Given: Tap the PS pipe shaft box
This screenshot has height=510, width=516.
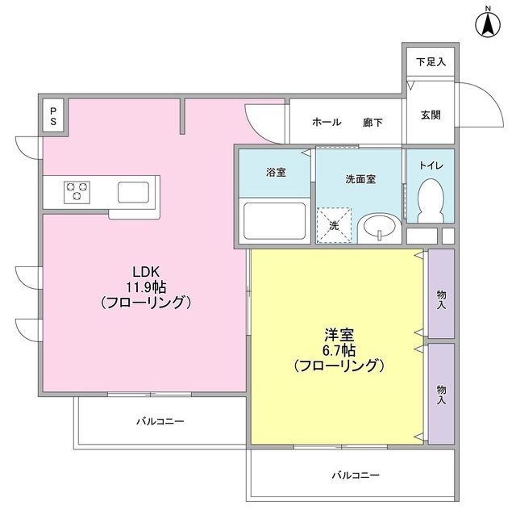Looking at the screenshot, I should [x=54, y=116].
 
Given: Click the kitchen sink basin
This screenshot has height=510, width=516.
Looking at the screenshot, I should [x=133, y=192].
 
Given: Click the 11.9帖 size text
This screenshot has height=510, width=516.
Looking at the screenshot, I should [x=145, y=286].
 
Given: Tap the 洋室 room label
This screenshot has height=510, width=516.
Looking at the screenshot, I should [x=337, y=334].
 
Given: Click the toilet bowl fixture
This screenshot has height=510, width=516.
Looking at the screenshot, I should [x=431, y=199].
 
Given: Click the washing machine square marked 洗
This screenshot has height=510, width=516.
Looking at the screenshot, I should [x=335, y=224].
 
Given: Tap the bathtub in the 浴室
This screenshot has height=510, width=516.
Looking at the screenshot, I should [x=273, y=219].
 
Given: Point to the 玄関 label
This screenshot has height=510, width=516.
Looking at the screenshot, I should [x=431, y=115].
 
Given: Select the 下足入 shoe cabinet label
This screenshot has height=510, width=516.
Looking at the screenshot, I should [x=431, y=61].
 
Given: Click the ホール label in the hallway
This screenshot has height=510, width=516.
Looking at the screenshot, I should [x=326, y=123].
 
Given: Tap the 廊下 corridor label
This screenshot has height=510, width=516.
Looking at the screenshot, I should [x=372, y=123].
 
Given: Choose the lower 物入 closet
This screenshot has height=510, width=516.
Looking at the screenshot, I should [x=441, y=393].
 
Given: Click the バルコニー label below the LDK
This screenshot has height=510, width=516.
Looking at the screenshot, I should [x=160, y=421].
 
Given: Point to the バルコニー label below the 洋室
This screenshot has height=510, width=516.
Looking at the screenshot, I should [x=355, y=474].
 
